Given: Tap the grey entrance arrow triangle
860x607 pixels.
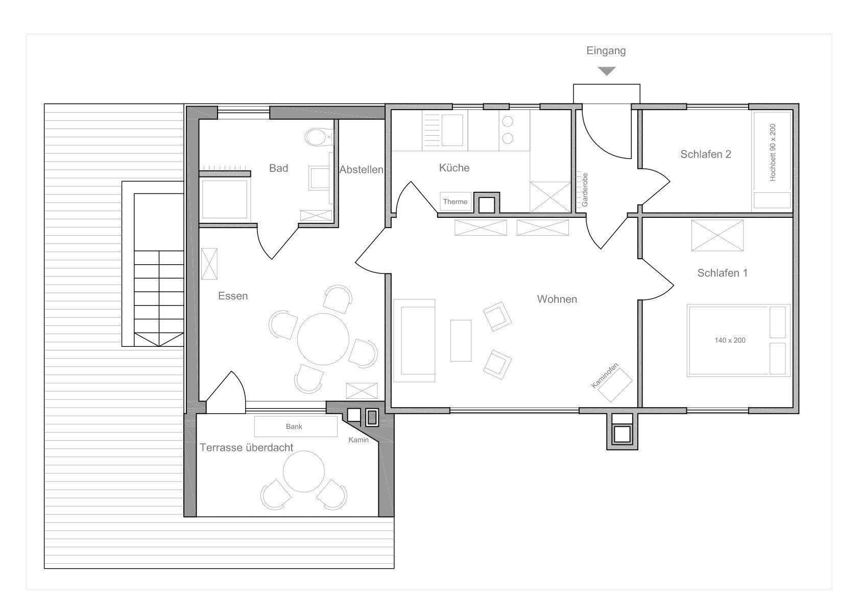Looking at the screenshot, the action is pyautogui.click(x=607, y=71).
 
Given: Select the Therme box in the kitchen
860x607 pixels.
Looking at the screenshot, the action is pyautogui.click(x=456, y=201).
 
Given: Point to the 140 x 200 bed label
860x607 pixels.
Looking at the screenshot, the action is pyautogui.click(x=730, y=340).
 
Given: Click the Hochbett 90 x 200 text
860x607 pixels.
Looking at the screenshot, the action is pyautogui.click(x=773, y=152).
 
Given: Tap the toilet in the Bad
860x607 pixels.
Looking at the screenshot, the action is pyautogui.click(x=319, y=137).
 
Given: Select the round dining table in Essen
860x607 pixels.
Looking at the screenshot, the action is pyautogui.click(x=323, y=339).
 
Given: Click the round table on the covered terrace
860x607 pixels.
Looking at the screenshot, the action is pyautogui.click(x=304, y=471).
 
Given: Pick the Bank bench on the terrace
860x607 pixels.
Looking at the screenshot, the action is pyautogui.click(x=296, y=426).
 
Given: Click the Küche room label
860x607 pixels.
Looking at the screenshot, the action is pyautogui.click(x=454, y=168).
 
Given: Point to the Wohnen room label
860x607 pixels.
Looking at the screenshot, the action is pyautogui.click(x=557, y=299).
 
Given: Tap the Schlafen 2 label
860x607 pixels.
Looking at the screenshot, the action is pyautogui.click(x=706, y=154).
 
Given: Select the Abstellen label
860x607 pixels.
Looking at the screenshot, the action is pyautogui.click(x=361, y=169).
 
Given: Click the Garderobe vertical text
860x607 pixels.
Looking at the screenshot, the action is pyautogui.click(x=585, y=190).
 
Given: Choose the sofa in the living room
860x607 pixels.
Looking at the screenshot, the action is pyautogui.click(x=414, y=341).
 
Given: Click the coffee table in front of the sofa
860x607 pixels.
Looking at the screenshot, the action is pyautogui.click(x=461, y=341).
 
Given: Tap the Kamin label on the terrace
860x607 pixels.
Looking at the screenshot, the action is pyautogui.click(x=359, y=440).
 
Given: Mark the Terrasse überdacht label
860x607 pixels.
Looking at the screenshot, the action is pyautogui.click(x=247, y=447).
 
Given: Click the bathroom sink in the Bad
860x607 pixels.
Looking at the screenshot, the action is pyautogui.click(x=319, y=178).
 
